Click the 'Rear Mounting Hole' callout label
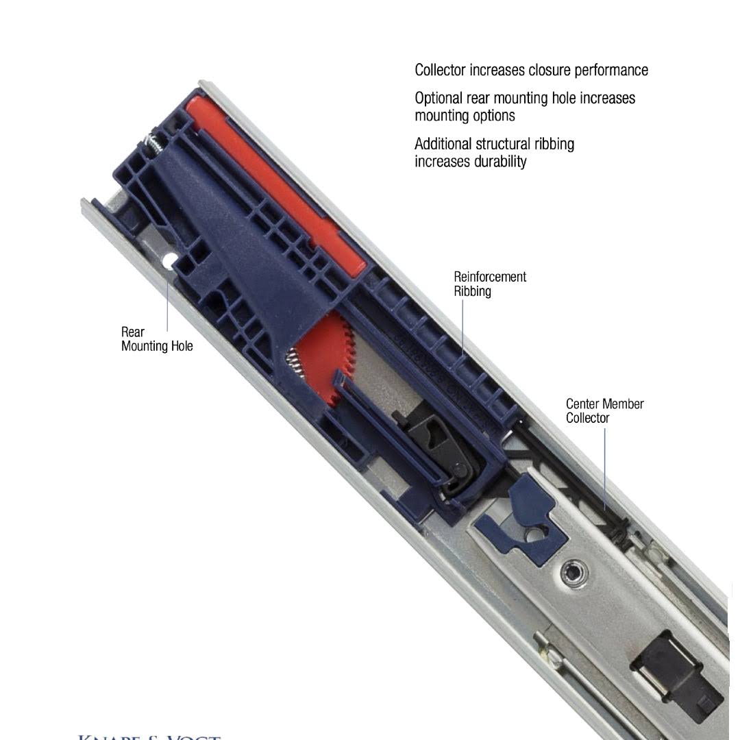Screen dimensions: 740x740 [157, 339]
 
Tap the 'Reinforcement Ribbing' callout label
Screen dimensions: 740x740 [489, 284]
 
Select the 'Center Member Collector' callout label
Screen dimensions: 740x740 [604, 410]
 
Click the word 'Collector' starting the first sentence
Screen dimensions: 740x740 [440, 70]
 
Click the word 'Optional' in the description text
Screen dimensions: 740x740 [439, 98]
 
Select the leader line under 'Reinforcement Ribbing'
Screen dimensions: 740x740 [463, 326]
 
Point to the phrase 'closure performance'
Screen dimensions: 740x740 [585, 70]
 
